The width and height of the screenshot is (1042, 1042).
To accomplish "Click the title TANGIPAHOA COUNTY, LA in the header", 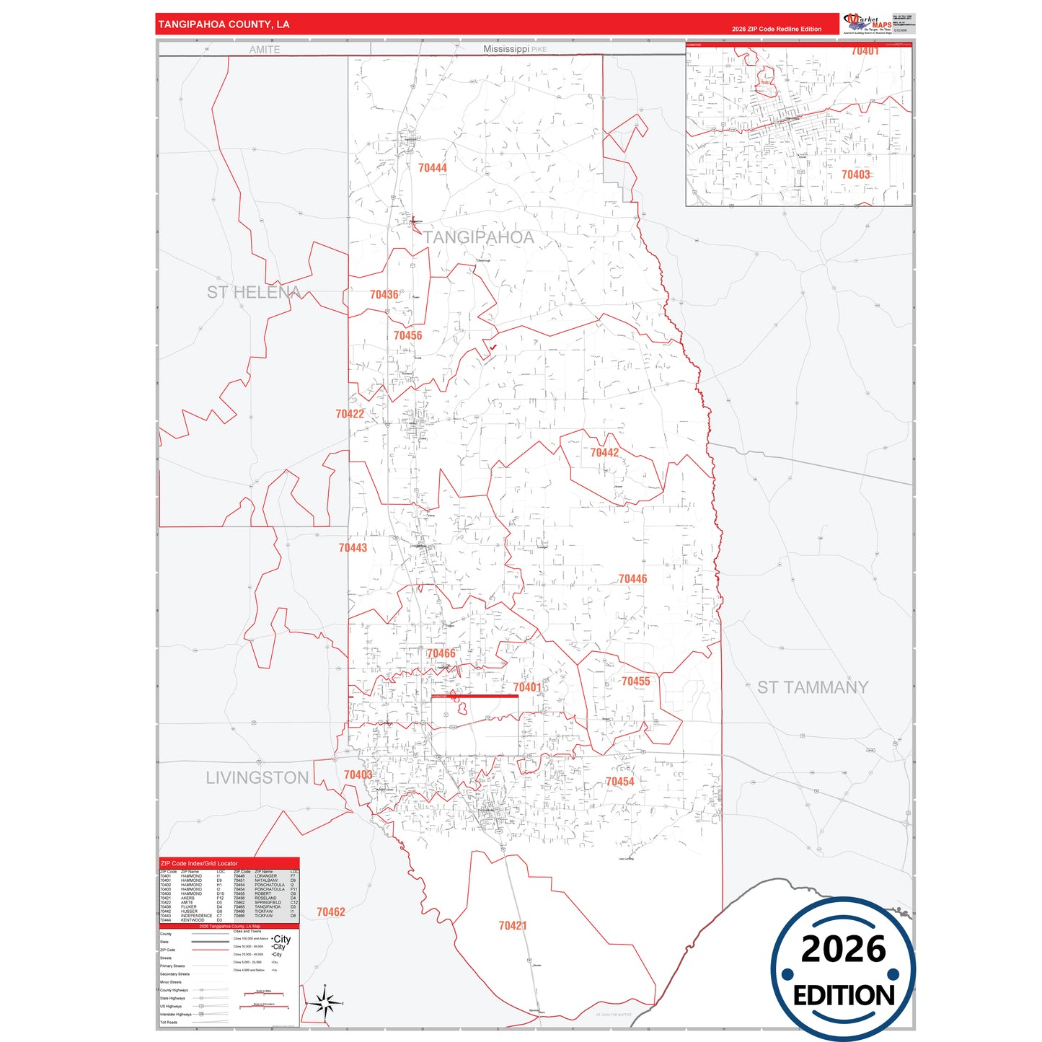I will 224,25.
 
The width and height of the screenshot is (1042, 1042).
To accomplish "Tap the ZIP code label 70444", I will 433,168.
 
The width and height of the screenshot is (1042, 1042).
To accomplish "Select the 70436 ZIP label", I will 384,294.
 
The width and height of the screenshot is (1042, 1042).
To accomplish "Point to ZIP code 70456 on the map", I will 408,335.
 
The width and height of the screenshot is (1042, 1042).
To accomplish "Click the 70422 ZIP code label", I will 350,414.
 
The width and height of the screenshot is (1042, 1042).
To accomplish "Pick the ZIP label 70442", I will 604,453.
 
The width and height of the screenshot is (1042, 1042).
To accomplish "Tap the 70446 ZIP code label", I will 632,579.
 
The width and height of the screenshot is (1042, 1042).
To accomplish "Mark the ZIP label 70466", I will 441,653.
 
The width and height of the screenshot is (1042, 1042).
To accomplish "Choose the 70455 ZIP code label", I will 635,681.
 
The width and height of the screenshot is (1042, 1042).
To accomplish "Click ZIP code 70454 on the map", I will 619,782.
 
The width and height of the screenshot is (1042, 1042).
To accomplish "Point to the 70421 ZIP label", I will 513,925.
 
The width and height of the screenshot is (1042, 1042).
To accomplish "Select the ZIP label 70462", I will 331,912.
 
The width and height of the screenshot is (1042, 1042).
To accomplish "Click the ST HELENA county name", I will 253,292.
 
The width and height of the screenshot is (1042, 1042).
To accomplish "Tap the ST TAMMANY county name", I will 812,687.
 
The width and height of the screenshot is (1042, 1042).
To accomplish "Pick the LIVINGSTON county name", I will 257,778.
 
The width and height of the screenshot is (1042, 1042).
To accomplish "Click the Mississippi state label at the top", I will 506,49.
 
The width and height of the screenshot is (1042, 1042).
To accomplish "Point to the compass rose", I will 324,1002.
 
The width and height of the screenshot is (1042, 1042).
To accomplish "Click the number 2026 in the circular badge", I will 843,949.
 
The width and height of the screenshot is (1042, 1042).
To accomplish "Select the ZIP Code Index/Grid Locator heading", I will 199,863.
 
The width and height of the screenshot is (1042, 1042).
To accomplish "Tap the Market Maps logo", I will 867,23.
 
